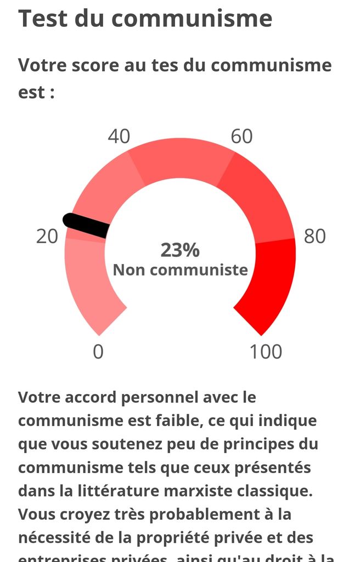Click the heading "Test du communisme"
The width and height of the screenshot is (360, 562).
coord(145,18)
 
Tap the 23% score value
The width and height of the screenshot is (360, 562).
coord(180,250)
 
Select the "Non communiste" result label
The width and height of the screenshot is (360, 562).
coord(180,270)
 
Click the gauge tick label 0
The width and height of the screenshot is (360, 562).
coord(98,351)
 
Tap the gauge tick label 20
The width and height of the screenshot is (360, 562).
coord(47,237)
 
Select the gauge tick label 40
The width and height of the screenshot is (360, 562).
coord(119,136)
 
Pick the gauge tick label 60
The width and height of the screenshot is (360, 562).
coord(241,136)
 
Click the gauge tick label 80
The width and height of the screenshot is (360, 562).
coord(314,237)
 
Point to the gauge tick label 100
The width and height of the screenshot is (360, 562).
coord(266,351)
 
